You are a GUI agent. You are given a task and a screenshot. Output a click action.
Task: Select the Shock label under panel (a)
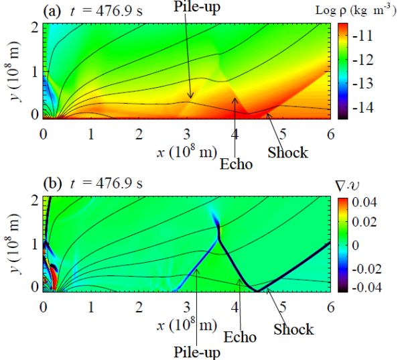[x=287, y=152]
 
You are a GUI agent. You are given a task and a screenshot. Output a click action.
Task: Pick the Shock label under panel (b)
[x=293, y=328]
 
